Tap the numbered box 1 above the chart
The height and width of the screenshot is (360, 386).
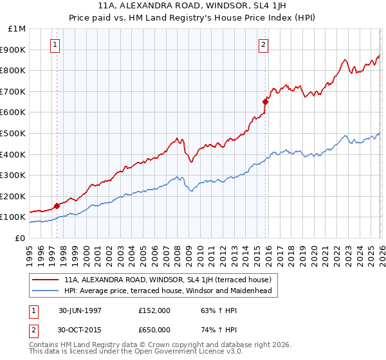tap(55, 45)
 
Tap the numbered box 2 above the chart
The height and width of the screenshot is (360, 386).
tap(264, 45)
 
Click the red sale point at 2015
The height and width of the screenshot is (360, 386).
tap(265, 101)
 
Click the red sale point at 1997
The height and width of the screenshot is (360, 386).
tap(57, 206)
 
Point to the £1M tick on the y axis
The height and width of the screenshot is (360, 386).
tap(17, 29)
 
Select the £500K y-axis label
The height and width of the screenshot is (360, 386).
tap(14, 134)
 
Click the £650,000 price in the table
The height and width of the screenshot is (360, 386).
tap(154, 329)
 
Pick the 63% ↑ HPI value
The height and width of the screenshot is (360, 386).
tap(212, 310)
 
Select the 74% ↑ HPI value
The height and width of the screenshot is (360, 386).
tap(212, 329)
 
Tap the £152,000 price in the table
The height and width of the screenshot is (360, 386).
tap(154, 310)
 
